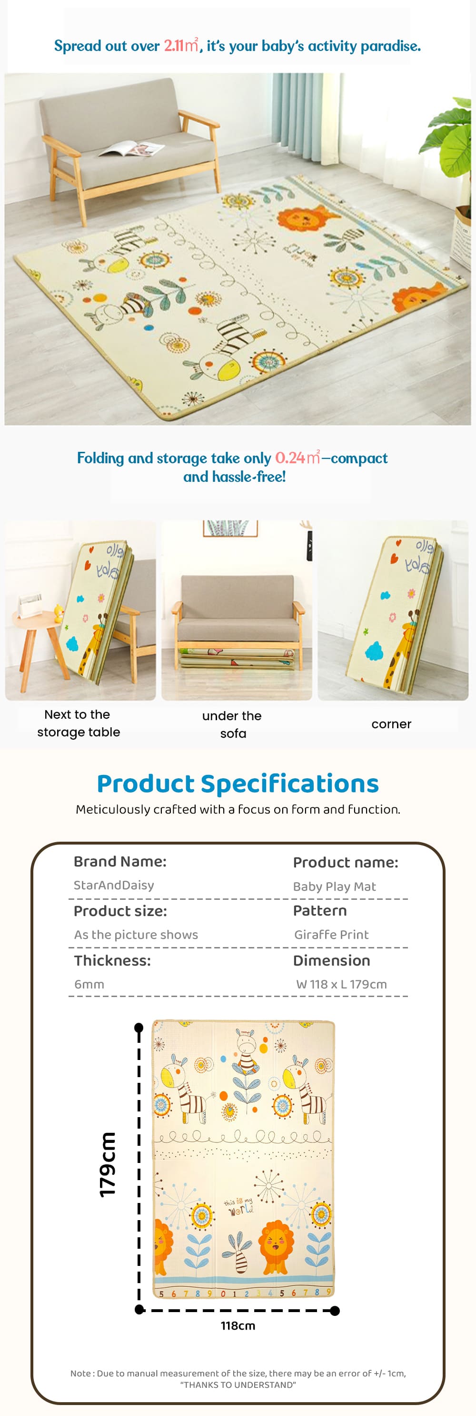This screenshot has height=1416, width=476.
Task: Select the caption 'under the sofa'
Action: [x=232, y=724]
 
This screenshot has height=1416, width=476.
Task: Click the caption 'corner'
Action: [x=391, y=724]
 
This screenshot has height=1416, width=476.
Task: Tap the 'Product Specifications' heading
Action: [x=238, y=784]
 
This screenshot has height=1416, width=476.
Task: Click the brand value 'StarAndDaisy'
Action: [x=114, y=885]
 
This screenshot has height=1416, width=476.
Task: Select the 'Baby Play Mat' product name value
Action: [x=334, y=886]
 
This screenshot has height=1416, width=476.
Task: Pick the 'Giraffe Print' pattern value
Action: [x=331, y=935]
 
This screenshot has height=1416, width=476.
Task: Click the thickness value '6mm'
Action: [x=89, y=984]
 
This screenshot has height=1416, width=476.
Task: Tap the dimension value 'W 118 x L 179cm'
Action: [x=341, y=984]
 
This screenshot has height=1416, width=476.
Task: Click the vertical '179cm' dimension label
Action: [x=108, y=1164]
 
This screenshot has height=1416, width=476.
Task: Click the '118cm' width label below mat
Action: [x=238, y=1325]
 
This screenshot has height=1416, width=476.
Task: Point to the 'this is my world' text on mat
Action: [x=239, y=1207]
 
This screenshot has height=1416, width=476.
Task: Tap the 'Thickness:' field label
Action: [x=112, y=960]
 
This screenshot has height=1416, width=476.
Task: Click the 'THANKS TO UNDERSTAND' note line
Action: [x=238, y=1385]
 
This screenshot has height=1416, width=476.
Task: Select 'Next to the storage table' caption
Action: [x=78, y=723]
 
